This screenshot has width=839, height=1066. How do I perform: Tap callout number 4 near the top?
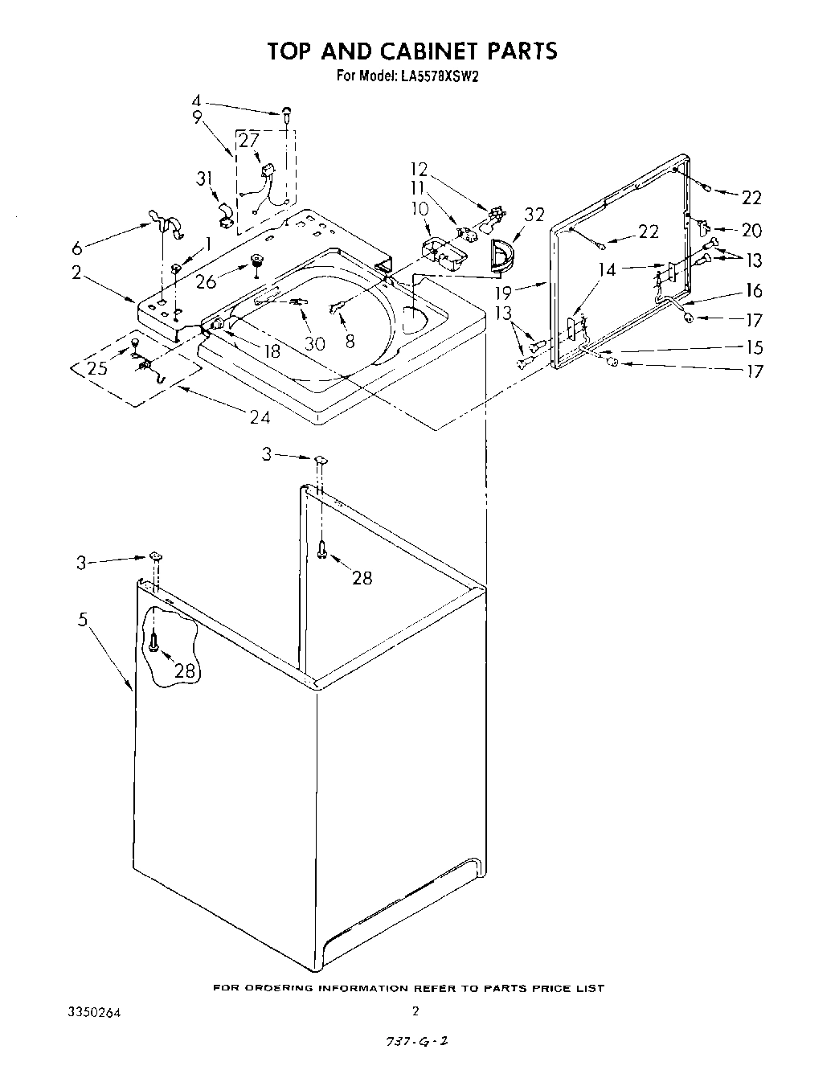196,101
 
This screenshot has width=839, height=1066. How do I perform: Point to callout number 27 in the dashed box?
249,140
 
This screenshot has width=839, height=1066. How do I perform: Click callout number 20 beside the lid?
751,231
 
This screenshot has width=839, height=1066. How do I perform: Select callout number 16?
753,290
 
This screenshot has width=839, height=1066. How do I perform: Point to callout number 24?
260,416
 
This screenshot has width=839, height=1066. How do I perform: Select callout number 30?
314,343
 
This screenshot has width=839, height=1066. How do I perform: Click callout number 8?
350,340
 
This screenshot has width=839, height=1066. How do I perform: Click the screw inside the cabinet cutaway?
155,641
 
